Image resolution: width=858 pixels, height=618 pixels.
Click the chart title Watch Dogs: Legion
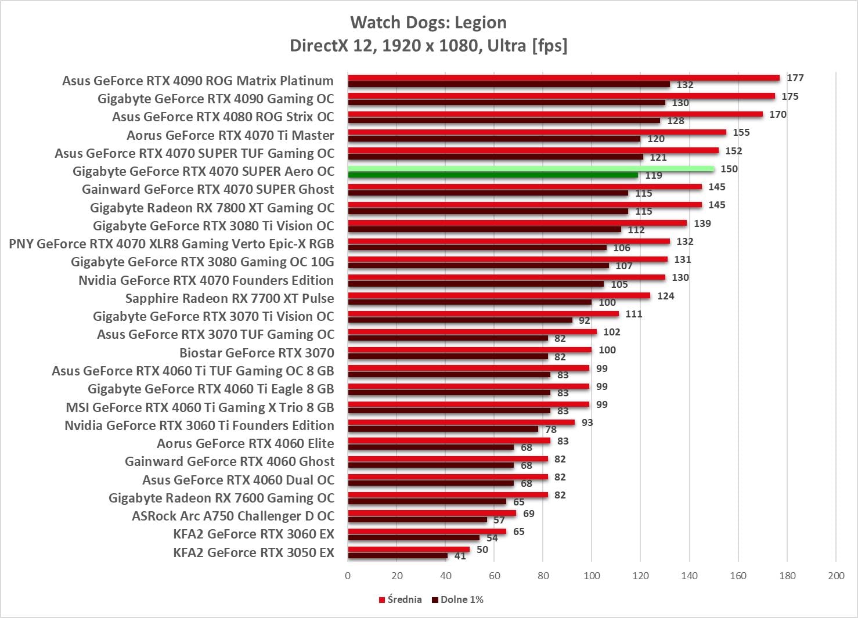(x=428, y=23)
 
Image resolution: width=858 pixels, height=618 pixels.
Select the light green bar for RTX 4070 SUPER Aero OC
(x=531, y=169)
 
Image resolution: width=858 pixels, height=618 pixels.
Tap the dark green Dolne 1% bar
(x=492, y=175)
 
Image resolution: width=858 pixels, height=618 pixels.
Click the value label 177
(x=795, y=78)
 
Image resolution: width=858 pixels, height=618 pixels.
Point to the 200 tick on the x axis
(x=836, y=576)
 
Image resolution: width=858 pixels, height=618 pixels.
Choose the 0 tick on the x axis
(x=348, y=576)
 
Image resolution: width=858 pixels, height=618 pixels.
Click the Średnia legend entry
(x=401, y=599)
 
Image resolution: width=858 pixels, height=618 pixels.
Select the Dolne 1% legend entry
(x=458, y=599)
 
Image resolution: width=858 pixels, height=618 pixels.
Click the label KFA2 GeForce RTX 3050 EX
(x=254, y=552)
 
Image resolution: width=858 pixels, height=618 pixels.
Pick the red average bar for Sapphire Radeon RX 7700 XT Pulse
(x=499, y=295)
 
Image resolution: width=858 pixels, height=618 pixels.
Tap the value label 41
(x=460, y=556)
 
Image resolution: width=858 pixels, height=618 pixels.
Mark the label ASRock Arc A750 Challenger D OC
(x=233, y=516)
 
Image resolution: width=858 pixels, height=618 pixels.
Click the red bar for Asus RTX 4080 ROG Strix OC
(x=555, y=114)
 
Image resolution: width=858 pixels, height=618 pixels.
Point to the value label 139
(x=702, y=223)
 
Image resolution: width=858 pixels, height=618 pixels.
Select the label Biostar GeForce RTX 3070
(x=257, y=353)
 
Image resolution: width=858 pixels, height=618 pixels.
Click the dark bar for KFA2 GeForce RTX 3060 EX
(x=413, y=538)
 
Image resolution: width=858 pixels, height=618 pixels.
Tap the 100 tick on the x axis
(x=592, y=576)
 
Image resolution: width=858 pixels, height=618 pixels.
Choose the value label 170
(x=778, y=114)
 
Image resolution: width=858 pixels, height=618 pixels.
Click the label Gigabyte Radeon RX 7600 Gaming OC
(x=221, y=498)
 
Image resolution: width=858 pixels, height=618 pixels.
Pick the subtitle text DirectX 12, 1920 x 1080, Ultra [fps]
(x=428, y=45)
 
